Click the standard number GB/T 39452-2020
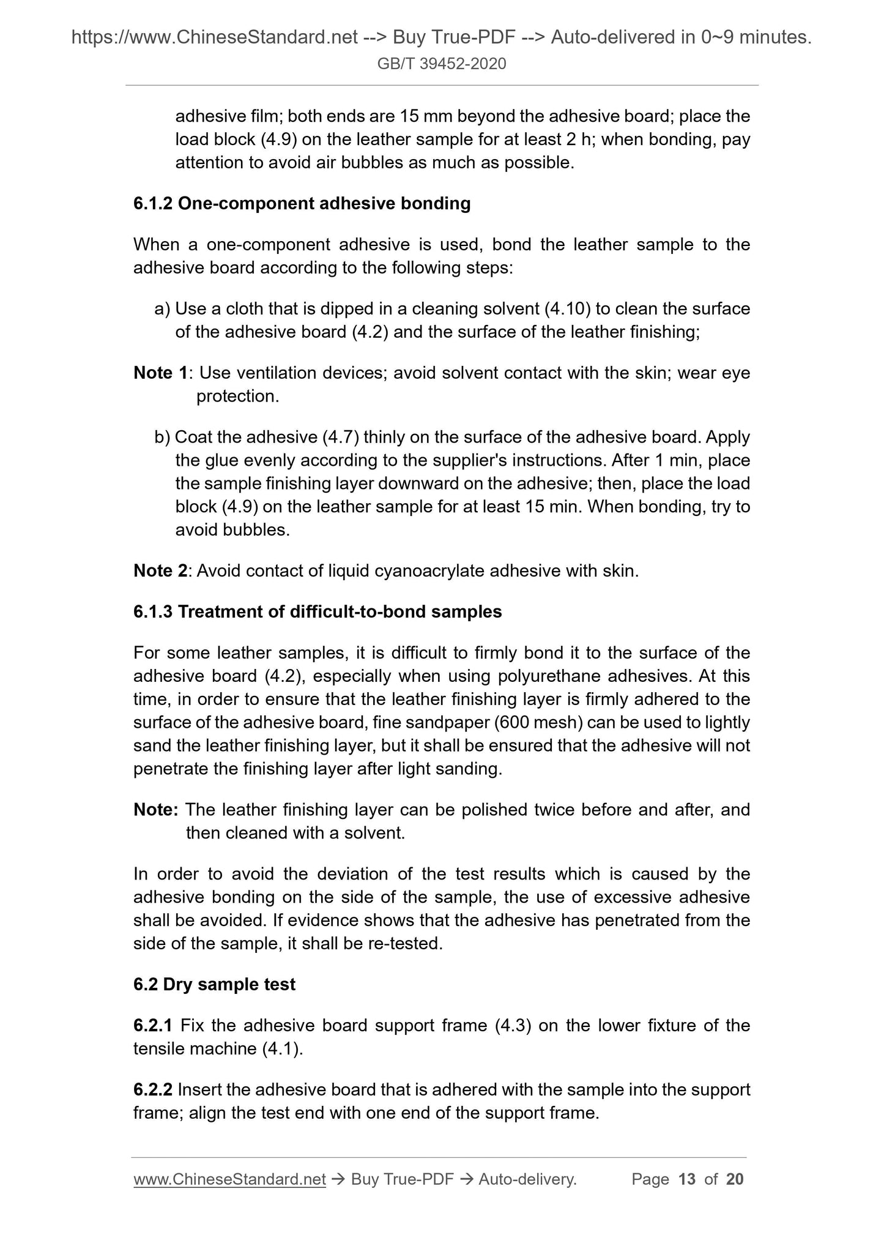(x=442, y=64)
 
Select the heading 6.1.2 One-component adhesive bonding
(x=302, y=204)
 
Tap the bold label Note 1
(x=160, y=373)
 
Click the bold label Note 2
(x=160, y=571)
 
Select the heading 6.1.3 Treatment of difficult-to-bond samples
(x=318, y=612)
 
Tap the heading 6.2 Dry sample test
(x=214, y=984)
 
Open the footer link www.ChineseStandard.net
(x=229, y=1179)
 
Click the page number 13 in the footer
(x=687, y=1179)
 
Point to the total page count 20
(x=734, y=1179)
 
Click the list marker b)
(x=162, y=438)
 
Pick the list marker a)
(x=162, y=308)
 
